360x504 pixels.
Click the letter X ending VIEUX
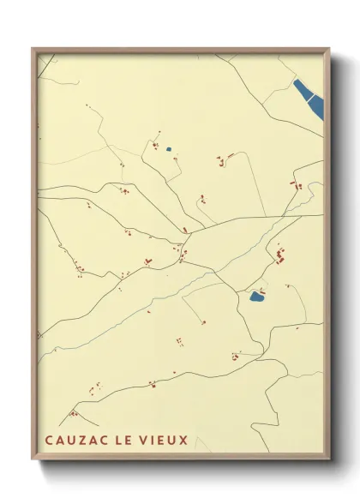click(x=183, y=441)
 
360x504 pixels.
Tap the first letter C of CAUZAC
click(x=49, y=441)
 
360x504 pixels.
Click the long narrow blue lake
click(x=309, y=98)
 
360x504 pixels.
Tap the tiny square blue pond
click(x=169, y=150)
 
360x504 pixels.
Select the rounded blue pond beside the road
click(x=255, y=297)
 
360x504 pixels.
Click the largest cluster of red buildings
click(x=279, y=255)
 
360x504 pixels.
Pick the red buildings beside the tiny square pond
click(x=155, y=145)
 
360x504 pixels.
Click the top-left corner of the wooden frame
click(x=33, y=50)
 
